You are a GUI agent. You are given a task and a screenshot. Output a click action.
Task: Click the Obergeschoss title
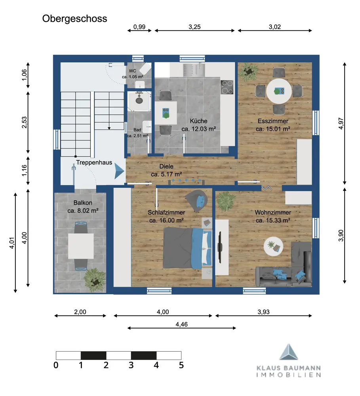pos(74,19)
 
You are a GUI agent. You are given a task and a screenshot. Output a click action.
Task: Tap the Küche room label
pos(198,121)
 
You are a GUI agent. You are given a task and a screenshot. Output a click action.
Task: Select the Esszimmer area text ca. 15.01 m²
pos(273,129)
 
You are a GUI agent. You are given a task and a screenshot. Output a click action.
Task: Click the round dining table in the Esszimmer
pos(279,91)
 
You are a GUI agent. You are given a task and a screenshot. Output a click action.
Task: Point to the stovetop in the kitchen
pos(227,87)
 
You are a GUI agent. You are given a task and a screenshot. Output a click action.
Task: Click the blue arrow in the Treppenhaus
pos(119,171)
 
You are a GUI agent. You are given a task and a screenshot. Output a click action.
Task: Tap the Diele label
pos(166,166)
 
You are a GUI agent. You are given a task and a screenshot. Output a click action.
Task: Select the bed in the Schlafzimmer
pos(188,248)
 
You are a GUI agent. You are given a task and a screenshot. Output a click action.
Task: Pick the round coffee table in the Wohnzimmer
pos(273,246)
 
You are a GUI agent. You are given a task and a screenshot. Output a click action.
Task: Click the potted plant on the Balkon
pos(95,280)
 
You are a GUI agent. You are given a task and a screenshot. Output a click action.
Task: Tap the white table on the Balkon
pos(81,246)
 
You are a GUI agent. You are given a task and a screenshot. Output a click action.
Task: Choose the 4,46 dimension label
pos(182,324)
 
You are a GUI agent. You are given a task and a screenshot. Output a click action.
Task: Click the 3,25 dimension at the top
pos(194,27)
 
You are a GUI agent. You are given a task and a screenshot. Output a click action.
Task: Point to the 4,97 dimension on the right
pos(341,124)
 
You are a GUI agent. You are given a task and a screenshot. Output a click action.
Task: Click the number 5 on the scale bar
pos(181,365)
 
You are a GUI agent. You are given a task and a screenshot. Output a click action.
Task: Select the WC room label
pos(132,71)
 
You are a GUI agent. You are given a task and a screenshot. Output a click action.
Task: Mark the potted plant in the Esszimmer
pos(249,71)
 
